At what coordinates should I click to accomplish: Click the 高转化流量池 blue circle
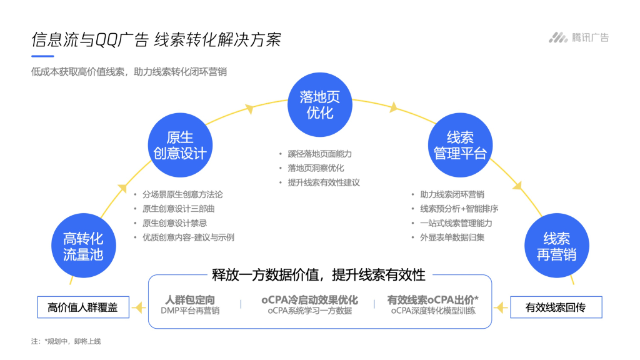pyautogui.click(x=83, y=246)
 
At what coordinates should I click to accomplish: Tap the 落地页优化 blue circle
pyautogui.click(x=320, y=104)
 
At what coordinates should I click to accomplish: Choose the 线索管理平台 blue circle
pyautogui.click(x=460, y=145)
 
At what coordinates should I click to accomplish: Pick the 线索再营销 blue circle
pyautogui.click(x=556, y=246)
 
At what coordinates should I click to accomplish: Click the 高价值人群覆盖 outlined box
pyautogui.click(x=83, y=307)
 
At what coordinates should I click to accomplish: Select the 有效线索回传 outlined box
pyautogui.click(x=556, y=307)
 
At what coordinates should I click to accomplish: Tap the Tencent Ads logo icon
pyautogui.click(x=558, y=37)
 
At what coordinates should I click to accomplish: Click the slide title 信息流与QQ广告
pyautogui.click(x=90, y=40)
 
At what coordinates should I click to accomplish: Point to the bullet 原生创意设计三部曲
pyautogui.click(x=178, y=209)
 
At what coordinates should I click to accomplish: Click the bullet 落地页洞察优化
pyautogui.click(x=316, y=168)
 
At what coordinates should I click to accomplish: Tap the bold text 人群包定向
pyautogui.click(x=190, y=300)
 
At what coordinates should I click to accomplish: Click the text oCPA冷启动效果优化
pyautogui.click(x=309, y=300)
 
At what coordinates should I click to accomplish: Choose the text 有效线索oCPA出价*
pyautogui.click(x=433, y=300)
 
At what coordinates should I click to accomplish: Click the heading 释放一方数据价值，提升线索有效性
pyautogui.click(x=319, y=274)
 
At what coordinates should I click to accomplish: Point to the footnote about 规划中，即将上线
pyautogui.click(x=66, y=341)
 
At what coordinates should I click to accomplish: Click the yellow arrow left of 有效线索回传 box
pyautogui.click(x=499, y=307)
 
